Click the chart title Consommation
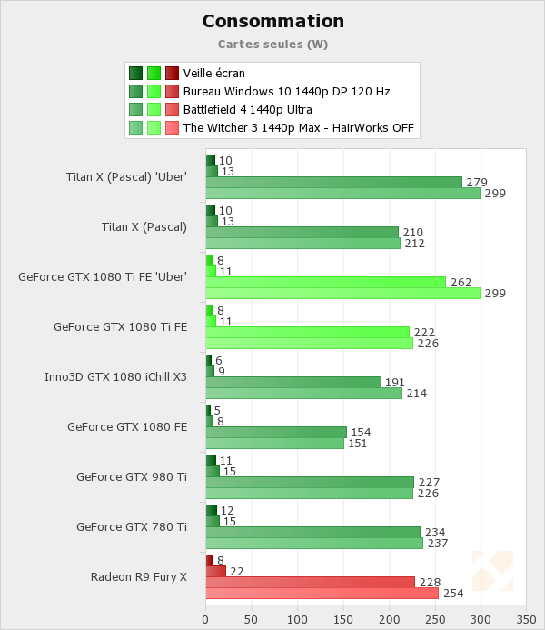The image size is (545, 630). tap(272, 21)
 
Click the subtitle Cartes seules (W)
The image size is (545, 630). tap(272, 44)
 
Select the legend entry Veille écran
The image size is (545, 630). tap(213, 74)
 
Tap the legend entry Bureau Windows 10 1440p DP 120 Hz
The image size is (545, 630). tap(286, 92)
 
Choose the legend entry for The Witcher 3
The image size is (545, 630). tap(298, 128)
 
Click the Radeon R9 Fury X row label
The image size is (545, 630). tap(139, 576)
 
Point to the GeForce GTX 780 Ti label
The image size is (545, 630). tap(132, 526)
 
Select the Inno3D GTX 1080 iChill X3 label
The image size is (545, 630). tap(116, 376)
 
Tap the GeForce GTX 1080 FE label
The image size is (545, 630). tap(127, 426)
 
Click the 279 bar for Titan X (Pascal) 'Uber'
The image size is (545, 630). tap(333, 183)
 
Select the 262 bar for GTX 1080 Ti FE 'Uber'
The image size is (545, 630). tap(326, 282)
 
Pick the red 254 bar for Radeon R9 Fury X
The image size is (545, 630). tap(322, 594)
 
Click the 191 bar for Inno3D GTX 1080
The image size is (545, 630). tap(293, 382)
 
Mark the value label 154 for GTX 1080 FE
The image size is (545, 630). tap(360, 432)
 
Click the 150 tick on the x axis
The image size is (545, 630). tap(343, 618)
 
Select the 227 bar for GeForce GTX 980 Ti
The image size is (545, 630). tap(310, 482)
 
